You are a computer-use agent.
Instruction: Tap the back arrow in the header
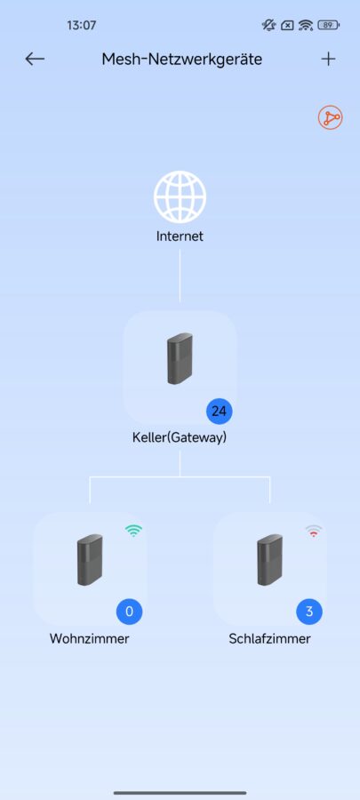coord(35,60)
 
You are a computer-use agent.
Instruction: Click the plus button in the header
coord(328,60)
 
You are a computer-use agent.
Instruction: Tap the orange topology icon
coord(331,118)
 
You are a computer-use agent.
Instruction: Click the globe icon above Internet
coord(180,197)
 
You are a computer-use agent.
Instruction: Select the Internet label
coord(180,236)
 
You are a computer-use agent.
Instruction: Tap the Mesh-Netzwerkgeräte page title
coord(182,60)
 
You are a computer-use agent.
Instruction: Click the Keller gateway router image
coord(180,358)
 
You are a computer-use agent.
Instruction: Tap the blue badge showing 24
coord(220,411)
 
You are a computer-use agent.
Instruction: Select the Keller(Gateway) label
coord(180,437)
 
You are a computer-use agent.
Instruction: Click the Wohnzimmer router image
coord(90,560)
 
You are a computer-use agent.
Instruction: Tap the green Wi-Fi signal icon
coord(133,531)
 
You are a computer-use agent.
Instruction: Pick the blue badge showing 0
coord(130,612)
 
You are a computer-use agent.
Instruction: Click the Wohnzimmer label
coord(89,639)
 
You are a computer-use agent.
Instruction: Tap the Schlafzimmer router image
coord(269,560)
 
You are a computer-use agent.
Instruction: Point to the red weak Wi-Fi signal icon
coord(314,531)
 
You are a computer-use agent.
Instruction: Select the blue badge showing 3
coord(309,612)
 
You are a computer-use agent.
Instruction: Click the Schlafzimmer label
coord(269,639)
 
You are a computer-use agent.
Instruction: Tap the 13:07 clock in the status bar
coord(81,25)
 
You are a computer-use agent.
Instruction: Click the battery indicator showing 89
coord(328,25)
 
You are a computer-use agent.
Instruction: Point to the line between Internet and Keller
coord(180,276)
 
